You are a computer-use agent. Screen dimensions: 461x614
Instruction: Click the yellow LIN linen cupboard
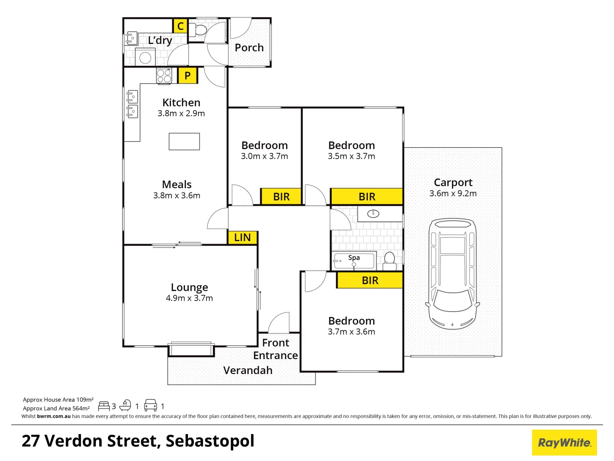pos(242,237)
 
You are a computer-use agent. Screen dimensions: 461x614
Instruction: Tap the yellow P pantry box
pos(187,76)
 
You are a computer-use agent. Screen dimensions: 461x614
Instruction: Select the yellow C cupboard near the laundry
pos(180,26)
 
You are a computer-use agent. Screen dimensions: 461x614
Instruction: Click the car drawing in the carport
pos(452,274)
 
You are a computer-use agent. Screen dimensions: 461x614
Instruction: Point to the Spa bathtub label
pos(354,258)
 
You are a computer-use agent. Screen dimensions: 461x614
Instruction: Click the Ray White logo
pos(564,443)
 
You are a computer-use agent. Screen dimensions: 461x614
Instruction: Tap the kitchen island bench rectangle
pos(184,141)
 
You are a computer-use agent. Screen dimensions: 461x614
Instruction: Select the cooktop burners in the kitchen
pos(164,76)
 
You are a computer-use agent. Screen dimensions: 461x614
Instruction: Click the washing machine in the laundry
pos(145,57)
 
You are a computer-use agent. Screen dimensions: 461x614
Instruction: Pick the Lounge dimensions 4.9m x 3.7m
pos(189,298)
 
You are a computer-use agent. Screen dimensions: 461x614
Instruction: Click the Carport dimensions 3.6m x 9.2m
pos(453,193)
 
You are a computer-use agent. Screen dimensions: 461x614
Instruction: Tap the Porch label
pos(249,48)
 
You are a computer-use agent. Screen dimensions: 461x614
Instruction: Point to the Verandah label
pos(248,370)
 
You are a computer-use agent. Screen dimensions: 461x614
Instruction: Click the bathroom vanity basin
pos(373,213)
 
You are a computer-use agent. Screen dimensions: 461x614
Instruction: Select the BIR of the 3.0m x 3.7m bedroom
pos(281,197)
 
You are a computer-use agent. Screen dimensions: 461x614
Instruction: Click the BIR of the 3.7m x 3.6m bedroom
pos(370,280)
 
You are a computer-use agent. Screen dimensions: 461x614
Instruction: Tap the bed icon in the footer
pos(104,406)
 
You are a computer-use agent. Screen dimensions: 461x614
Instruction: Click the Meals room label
pos(177,184)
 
